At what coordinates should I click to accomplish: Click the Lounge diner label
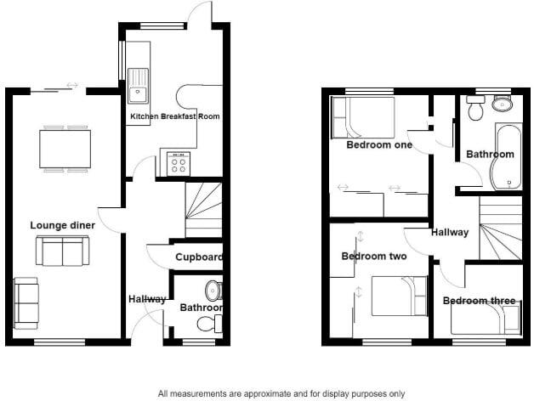click(x=62, y=225)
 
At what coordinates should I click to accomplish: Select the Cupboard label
click(x=198, y=257)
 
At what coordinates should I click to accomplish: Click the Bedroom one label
click(x=378, y=144)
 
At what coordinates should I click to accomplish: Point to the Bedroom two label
click(x=373, y=256)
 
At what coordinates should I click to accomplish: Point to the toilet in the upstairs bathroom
click(x=476, y=108)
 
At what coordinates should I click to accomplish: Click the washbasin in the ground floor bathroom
click(x=214, y=291)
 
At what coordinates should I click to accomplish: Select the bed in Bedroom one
click(x=363, y=117)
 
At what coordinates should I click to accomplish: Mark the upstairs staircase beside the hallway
click(x=500, y=229)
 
